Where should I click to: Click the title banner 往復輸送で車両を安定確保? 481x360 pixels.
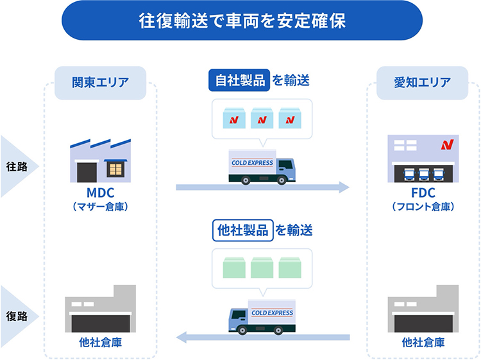[240, 21]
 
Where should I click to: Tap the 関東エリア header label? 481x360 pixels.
[101, 83]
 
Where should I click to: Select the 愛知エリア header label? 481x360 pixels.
[422, 83]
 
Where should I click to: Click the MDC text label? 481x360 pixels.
[101, 194]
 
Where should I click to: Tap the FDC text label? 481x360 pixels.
[423, 194]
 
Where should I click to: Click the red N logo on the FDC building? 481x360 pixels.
[446, 144]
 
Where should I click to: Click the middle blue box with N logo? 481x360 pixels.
[261, 119]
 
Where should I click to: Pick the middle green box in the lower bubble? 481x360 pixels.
[262, 267]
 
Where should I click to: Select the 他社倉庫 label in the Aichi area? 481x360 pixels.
[423, 343]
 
